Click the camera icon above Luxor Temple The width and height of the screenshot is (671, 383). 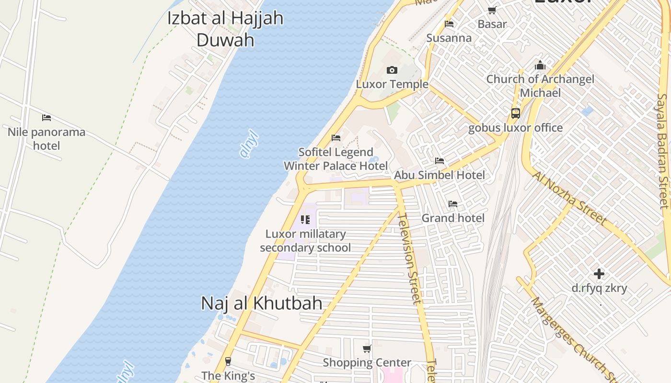click(392, 70)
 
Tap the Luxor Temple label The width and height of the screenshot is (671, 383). click(392, 84)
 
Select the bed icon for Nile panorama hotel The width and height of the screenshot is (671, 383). click(46, 117)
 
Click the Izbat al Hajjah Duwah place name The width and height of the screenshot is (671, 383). click(225, 29)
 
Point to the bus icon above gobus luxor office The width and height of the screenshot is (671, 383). click(516, 113)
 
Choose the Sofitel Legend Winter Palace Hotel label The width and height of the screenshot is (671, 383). click(335, 159)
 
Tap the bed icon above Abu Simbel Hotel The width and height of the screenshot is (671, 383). click(440, 160)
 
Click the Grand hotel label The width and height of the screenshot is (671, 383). click(453, 218)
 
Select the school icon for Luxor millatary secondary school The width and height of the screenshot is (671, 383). click(305, 220)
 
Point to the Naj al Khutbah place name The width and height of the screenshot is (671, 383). click(261, 303)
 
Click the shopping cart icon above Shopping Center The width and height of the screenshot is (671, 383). click(367, 349)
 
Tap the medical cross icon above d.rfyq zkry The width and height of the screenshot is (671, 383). click(599, 274)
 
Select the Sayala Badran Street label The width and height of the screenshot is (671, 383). click(663, 151)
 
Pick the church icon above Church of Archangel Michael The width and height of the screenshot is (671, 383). click(540, 65)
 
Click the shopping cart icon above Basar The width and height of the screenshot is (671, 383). click(492, 10)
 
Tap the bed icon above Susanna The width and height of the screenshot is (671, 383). click(449, 23)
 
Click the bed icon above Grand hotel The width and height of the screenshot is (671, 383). click(453, 204)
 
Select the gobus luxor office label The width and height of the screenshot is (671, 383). click(515, 128)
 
